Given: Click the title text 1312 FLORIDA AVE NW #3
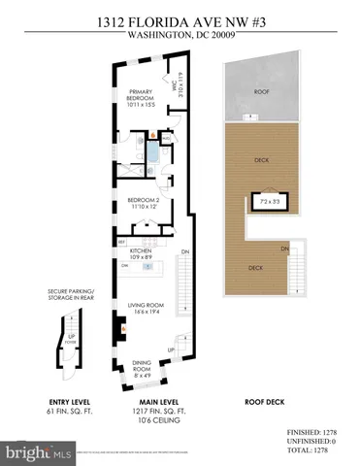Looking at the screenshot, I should coord(180,17).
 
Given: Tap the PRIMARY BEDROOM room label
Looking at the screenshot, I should coord(141,97).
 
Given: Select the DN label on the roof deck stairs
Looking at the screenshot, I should coord(283,250).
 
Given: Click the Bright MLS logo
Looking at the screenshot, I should coord(39,452).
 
